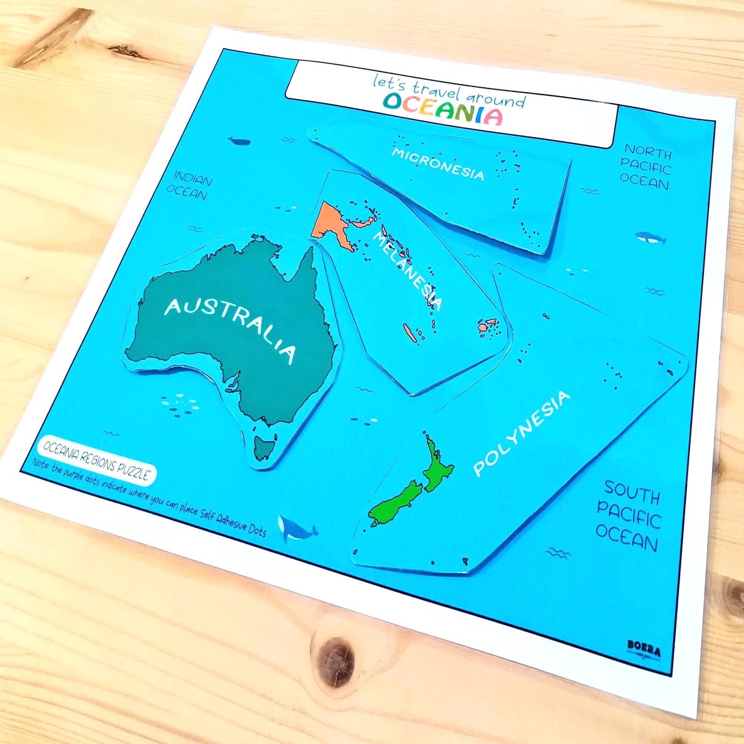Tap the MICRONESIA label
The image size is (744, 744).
point(438,164)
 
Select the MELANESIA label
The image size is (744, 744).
point(407,271)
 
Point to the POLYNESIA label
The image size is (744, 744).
point(521,433)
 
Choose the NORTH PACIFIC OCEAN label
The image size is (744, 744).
point(646,167)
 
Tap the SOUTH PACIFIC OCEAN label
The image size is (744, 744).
point(628,515)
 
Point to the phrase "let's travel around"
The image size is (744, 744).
point(448,91)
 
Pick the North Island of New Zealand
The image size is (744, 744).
point(437,464)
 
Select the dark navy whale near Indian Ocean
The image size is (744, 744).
point(239,141)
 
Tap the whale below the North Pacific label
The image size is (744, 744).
point(651,238)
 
